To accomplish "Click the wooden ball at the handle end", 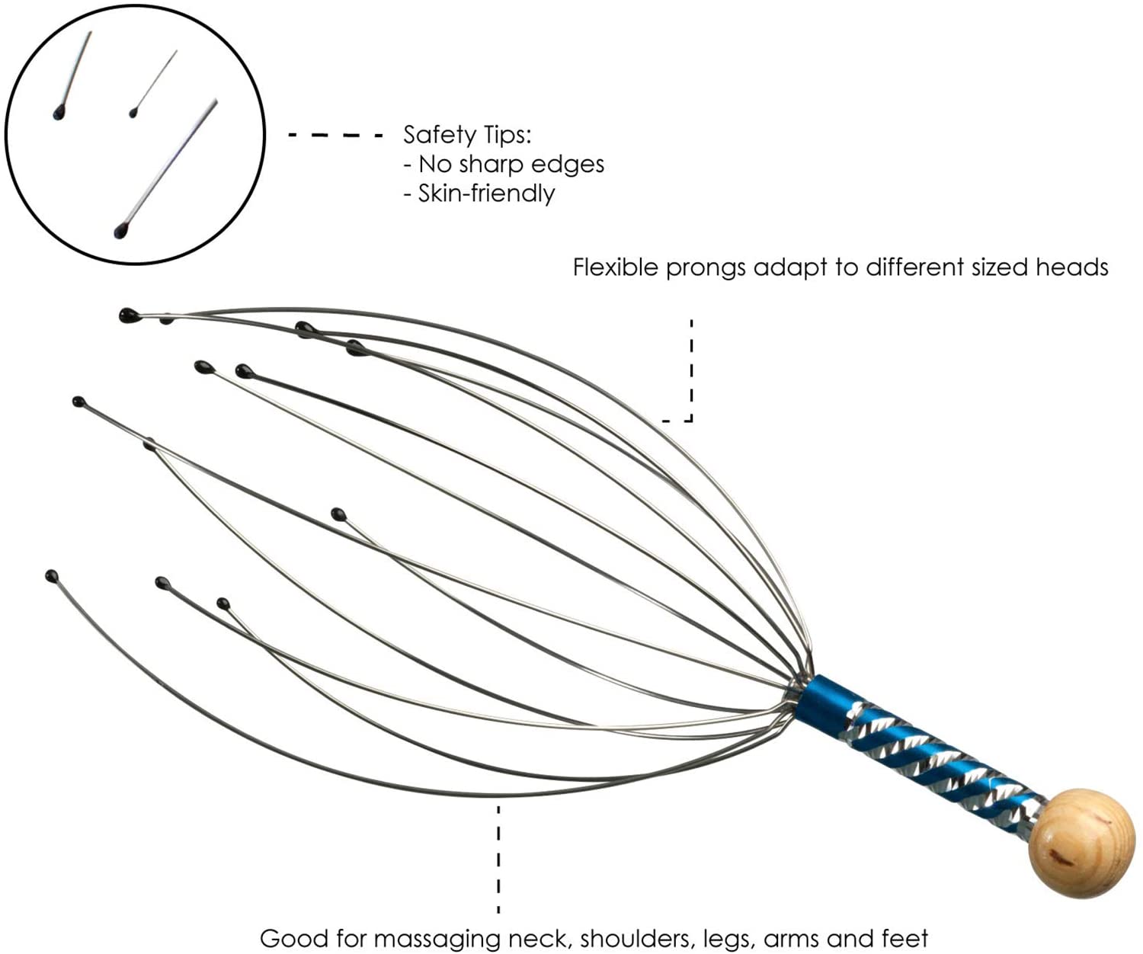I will click(1081, 843).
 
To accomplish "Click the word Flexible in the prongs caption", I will click(616, 267).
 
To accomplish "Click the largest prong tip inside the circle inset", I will click(120, 230).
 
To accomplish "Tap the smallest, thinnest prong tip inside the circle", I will click(133, 113).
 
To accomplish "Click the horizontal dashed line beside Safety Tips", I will click(336, 136).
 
